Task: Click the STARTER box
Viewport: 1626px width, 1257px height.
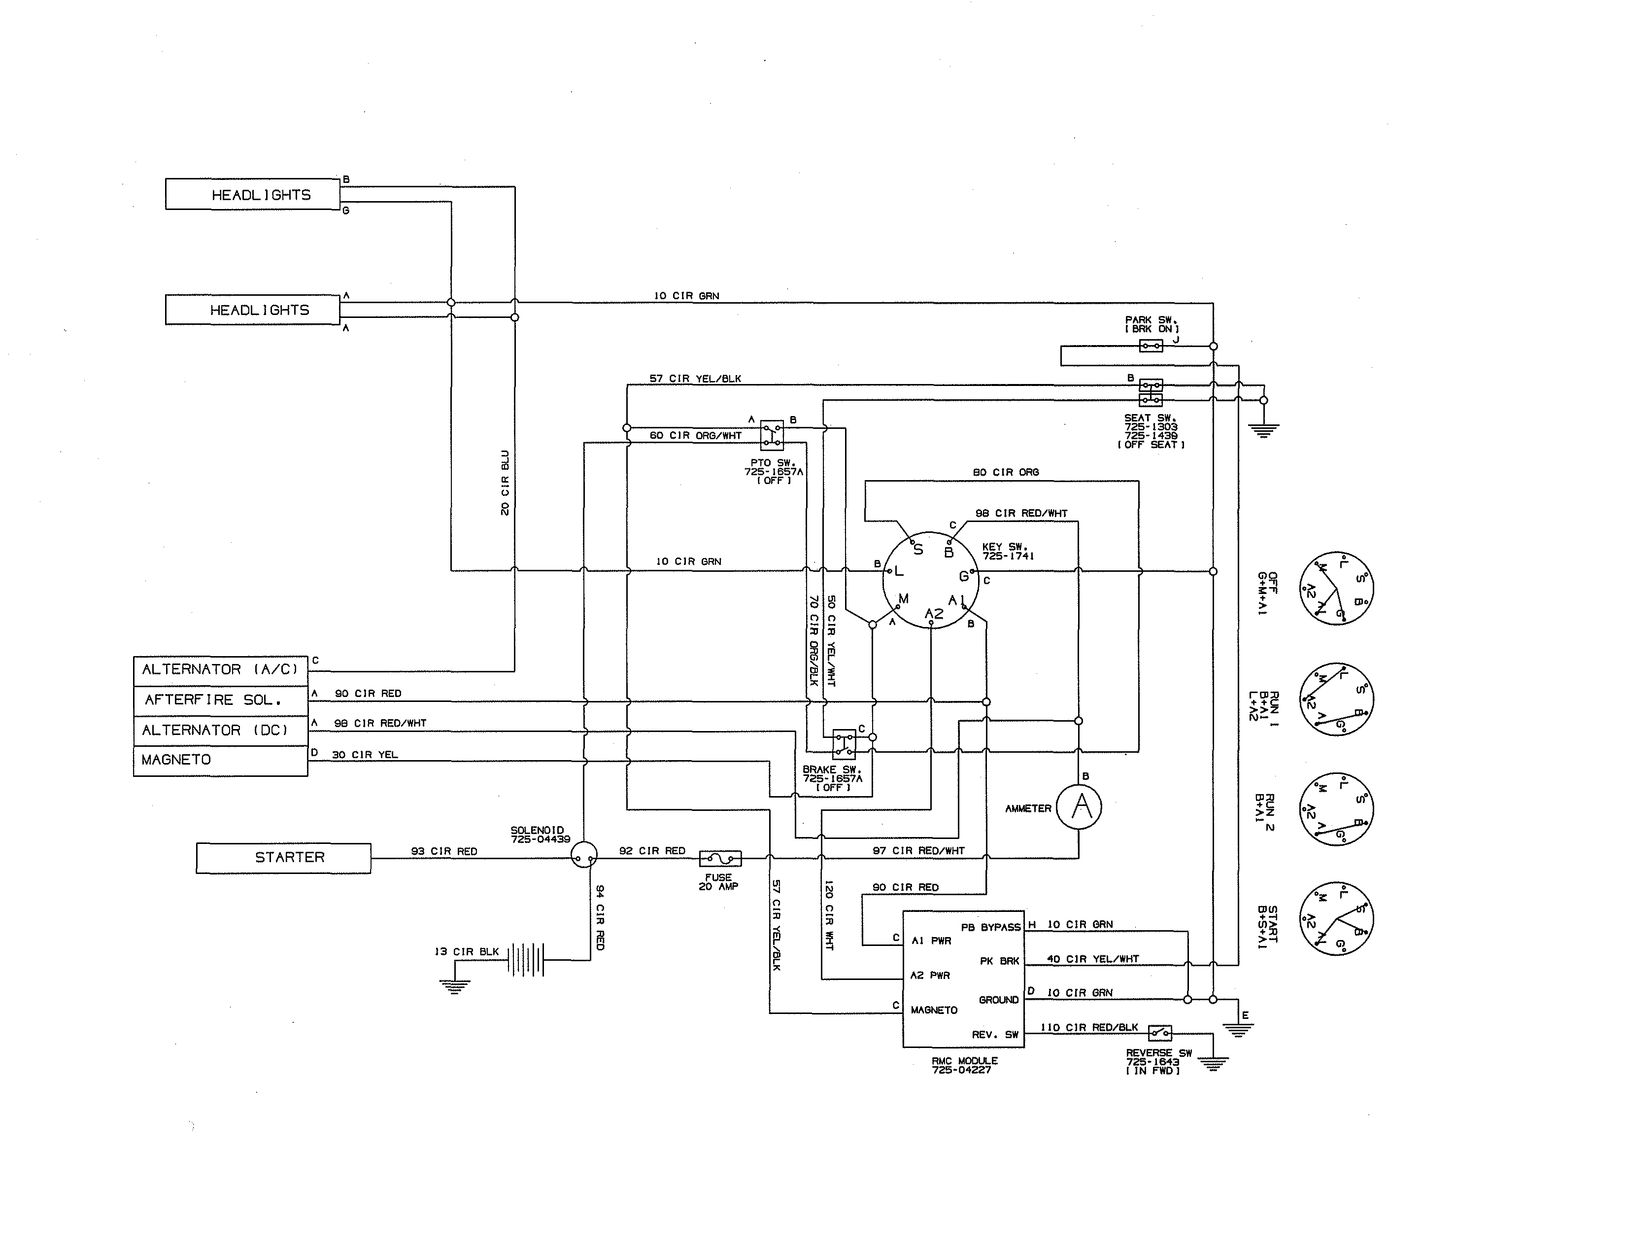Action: tap(284, 858)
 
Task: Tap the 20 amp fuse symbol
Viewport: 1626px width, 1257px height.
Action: tap(720, 859)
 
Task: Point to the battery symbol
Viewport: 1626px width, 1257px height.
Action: tap(526, 960)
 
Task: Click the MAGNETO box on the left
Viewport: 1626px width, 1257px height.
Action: tap(220, 760)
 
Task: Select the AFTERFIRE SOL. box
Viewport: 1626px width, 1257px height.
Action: tap(220, 700)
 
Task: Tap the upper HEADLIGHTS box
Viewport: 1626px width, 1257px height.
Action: tap(252, 194)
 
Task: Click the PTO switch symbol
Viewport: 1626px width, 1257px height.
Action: tap(771, 435)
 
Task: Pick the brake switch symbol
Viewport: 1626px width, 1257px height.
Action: tap(844, 744)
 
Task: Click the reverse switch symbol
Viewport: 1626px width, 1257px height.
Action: tap(1159, 1033)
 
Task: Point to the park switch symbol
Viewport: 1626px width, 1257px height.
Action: tap(1151, 346)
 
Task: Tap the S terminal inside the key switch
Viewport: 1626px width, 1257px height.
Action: tap(918, 550)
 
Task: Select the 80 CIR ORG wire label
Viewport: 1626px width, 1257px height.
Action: tap(1005, 472)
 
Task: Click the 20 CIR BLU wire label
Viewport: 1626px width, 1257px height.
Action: tap(505, 483)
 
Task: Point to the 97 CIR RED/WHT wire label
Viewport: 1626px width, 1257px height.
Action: tap(918, 850)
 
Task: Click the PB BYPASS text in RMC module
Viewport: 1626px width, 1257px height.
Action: tap(990, 927)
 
